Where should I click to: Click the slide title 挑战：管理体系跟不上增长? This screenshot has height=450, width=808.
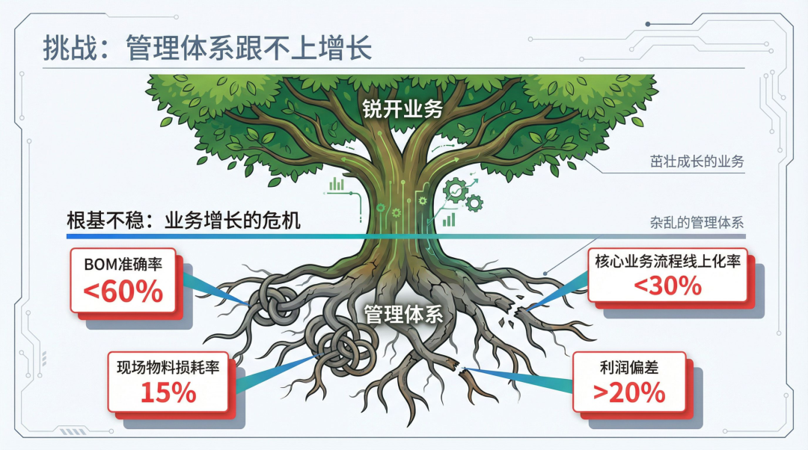(207, 48)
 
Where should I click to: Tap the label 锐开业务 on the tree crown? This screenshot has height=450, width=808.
(403, 108)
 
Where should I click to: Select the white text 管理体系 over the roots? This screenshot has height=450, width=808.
(403, 314)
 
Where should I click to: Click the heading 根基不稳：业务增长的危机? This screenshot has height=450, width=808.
(183, 221)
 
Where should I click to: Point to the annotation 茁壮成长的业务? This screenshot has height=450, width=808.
(697, 161)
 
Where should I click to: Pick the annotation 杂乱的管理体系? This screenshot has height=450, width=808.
(697, 223)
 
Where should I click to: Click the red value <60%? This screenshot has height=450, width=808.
(123, 292)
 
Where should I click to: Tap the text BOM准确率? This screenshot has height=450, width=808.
(123, 264)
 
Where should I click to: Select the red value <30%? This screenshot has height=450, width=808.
(668, 286)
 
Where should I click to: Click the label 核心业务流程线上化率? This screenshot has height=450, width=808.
(668, 261)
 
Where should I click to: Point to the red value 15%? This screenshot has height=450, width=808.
(168, 392)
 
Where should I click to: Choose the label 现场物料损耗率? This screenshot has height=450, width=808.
(168, 367)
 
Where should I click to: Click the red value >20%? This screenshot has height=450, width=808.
(629, 393)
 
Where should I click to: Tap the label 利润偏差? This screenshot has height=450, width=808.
(629, 367)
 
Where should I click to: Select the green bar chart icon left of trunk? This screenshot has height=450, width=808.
(337, 184)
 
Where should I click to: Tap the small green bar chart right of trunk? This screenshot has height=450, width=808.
(449, 220)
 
